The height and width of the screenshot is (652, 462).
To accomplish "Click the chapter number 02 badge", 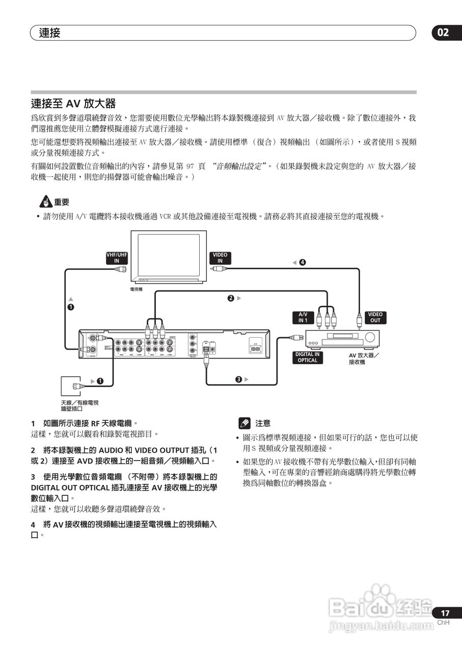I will click(444, 33).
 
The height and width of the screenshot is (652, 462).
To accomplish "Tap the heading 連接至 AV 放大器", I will click(73, 104).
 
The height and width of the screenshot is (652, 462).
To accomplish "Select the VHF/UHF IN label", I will click(117, 258).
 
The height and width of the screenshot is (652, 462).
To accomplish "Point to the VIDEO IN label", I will click(220, 258).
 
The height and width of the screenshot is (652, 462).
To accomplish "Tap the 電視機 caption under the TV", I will click(136, 289).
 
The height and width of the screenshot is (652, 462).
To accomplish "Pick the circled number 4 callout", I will click(303, 262).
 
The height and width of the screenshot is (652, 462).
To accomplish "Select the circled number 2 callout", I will click(231, 298).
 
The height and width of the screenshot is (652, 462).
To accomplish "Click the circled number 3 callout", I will click(238, 379).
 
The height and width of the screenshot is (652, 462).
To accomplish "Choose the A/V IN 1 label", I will click(303, 317).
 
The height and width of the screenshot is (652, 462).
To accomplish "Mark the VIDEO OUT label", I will click(375, 317).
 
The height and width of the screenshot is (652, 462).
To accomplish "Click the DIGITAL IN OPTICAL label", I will click(307, 357).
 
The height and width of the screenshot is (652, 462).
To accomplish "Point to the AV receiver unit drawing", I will click(342, 338).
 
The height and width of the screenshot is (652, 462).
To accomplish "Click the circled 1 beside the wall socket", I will click(100, 381).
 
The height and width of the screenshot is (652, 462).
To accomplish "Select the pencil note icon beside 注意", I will click(244, 423).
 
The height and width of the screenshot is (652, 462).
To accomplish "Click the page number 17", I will click(445, 613).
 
